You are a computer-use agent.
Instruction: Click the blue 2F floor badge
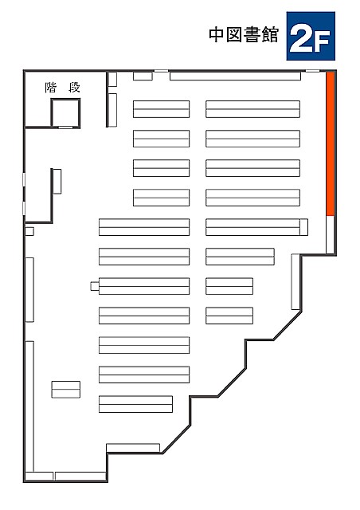311,36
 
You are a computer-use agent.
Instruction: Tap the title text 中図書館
244,35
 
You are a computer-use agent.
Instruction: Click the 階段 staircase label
62,88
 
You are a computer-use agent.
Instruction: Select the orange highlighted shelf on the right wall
331,143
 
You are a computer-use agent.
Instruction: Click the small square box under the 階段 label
65,112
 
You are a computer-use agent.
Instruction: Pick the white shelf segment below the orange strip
331,234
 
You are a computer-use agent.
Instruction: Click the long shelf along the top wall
235,76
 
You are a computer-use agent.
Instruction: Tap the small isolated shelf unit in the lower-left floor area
65,390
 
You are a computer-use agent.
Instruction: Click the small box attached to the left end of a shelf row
95,286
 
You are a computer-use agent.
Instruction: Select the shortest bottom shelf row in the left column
135,404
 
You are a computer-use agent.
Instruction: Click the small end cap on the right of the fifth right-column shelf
303,227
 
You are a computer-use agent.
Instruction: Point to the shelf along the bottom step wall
133,448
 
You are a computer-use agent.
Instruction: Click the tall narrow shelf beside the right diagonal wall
295,281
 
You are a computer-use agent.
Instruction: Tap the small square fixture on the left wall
29,231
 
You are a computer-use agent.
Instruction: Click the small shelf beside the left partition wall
57,182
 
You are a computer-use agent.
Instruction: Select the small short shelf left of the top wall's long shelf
143,76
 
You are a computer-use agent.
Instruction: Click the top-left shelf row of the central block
162,109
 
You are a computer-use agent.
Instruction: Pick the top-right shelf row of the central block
252,109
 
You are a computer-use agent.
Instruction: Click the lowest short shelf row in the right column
229,316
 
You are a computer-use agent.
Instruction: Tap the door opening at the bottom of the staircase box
65,127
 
